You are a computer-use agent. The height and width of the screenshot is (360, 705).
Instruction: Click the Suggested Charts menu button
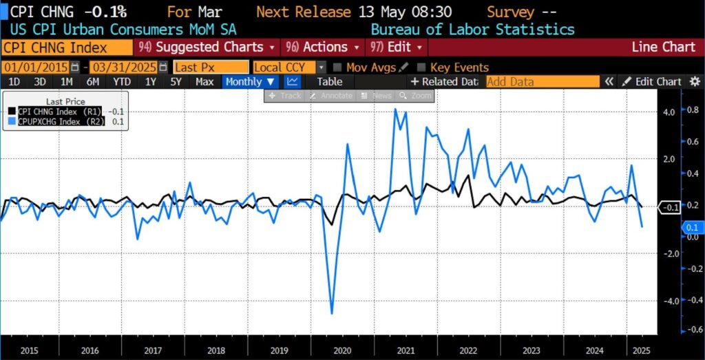coord(207,47)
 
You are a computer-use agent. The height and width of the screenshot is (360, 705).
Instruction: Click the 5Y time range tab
coord(176,81)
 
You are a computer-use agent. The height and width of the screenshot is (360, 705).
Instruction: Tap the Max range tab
coord(204,81)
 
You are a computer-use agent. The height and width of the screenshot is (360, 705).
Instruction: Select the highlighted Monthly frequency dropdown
coord(250,81)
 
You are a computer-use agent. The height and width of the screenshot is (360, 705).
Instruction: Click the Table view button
coord(329,81)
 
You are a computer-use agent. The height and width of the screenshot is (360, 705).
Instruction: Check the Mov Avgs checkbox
coord(338,67)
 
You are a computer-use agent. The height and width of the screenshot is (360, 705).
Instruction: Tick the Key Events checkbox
coord(421,67)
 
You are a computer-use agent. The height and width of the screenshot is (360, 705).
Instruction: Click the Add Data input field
coord(542,81)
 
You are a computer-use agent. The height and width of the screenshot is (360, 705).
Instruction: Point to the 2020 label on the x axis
coord(342,350)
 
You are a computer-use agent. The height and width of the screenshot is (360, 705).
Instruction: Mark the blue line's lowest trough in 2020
coord(332,313)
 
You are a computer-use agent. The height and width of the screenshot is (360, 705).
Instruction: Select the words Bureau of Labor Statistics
coord(472,30)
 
